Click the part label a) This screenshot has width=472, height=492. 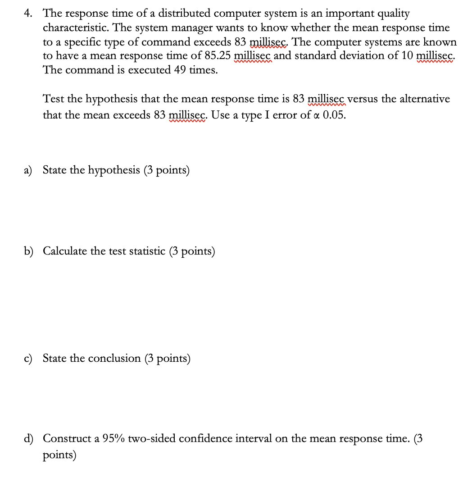coord(28,170)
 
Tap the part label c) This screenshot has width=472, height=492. coord(28,359)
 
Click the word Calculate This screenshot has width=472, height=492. coord(65,251)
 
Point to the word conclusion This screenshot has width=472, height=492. coord(114,359)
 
